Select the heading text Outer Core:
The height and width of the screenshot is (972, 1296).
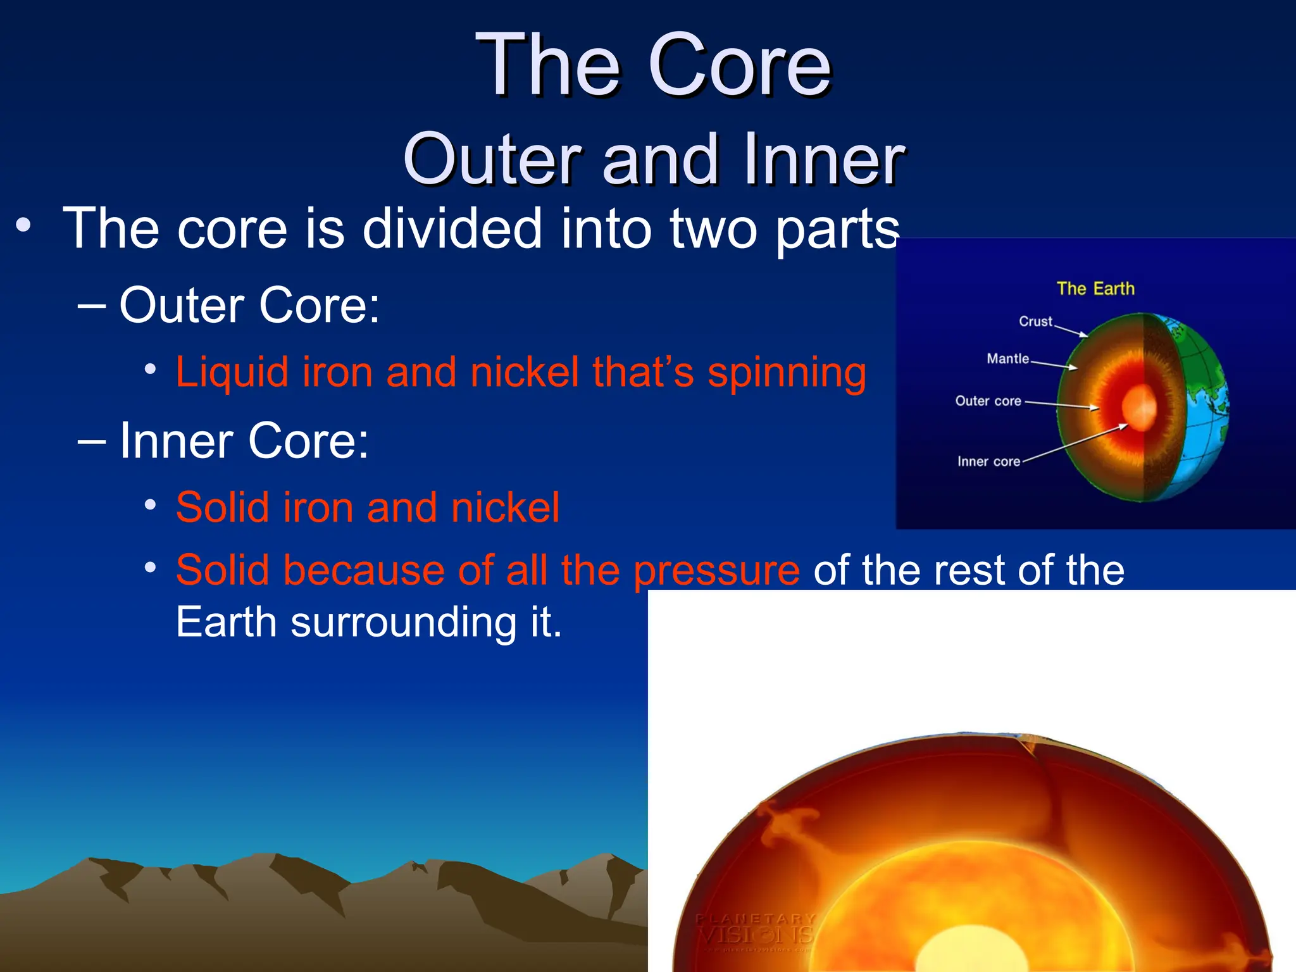tap(249, 306)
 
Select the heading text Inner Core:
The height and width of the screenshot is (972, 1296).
tap(244, 440)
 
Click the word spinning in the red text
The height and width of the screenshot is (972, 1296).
tap(787, 372)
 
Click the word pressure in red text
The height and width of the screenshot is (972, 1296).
tap(716, 571)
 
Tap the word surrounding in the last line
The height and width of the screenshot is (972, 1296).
tap(403, 622)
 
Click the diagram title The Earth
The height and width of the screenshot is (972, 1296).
tap(1095, 289)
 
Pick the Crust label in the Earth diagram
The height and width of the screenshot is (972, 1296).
tap(1035, 321)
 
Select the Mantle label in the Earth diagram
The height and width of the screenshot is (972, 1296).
tap(1007, 359)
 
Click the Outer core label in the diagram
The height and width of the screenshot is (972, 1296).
tap(988, 401)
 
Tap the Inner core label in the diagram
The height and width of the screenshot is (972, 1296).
tap(988, 461)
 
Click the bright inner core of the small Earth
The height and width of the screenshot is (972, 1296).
tap(1139, 408)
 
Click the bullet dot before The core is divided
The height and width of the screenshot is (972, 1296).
tap(23, 226)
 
